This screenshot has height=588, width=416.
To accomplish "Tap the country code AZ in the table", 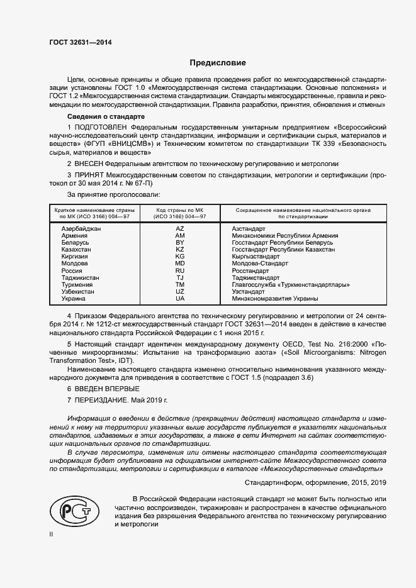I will point(180,229).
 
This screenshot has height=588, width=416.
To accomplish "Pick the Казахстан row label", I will point(76,250).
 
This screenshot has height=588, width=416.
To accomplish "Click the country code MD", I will point(180,263).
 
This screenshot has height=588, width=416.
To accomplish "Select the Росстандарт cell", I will point(250,270).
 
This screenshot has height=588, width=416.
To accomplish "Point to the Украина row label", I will point(73,299).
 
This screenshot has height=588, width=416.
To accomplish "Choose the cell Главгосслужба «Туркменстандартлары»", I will point(291,285).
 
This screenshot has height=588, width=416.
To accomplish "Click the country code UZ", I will point(180,292).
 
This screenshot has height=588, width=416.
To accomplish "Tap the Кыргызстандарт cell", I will point(256,257).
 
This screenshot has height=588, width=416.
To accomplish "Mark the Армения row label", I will point(74,236).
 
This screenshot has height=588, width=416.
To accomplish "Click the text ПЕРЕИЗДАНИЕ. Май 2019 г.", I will point(117,400).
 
